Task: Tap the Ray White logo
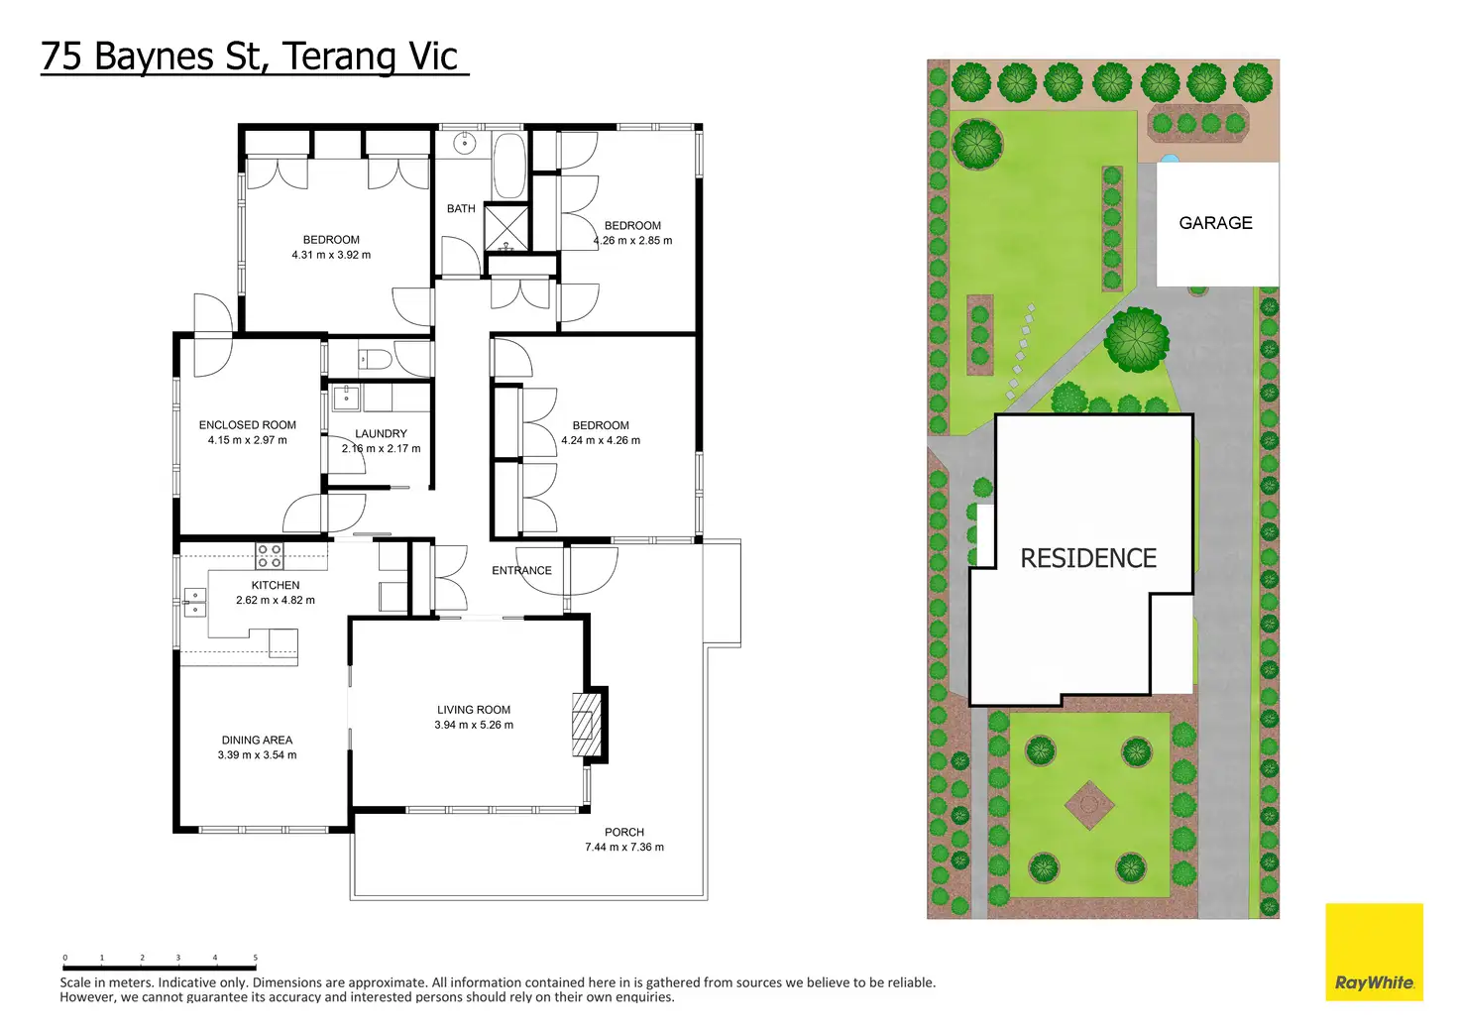[1374, 952]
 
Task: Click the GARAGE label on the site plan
[1215, 223]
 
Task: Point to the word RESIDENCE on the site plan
[1088, 559]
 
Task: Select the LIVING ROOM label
[474, 710]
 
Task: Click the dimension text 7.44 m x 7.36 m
[624, 848]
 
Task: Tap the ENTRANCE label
[521, 571]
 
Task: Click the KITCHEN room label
[276, 586]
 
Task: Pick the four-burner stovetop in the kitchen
[270, 555]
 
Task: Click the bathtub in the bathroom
[509, 166]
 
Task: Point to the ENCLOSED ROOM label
[248, 425]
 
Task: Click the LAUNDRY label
[381, 434]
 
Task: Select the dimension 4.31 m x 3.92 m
[331, 255]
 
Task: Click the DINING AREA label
[257, 741]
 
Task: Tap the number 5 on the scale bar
[255, 959]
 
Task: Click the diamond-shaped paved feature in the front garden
[1089, 804]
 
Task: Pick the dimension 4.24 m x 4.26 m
[601, 441]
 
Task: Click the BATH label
[461, 209]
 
